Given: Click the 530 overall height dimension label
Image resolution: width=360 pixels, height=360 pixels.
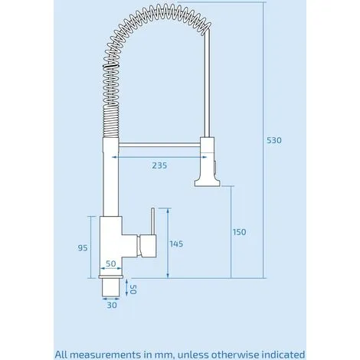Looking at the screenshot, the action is coord(274,140).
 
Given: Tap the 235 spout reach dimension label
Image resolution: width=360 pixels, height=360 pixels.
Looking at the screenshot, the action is coord(159,165).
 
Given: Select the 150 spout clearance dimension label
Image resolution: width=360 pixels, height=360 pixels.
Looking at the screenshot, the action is coord(239,232).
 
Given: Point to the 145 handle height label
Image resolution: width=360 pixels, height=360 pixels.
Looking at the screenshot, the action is coord(177,244).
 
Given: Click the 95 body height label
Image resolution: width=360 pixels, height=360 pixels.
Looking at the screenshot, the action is coord(83,248).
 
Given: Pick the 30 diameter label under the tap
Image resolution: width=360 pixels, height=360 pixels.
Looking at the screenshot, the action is coord(112,305).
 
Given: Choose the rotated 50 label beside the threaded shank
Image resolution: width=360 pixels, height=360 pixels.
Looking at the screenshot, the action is coord(133,290).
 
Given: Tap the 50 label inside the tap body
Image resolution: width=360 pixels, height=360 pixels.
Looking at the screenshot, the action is coord(111,263).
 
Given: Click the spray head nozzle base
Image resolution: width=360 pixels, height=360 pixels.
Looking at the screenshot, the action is coord(207,183).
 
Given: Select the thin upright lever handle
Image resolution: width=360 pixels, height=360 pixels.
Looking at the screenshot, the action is coord(152,221).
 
